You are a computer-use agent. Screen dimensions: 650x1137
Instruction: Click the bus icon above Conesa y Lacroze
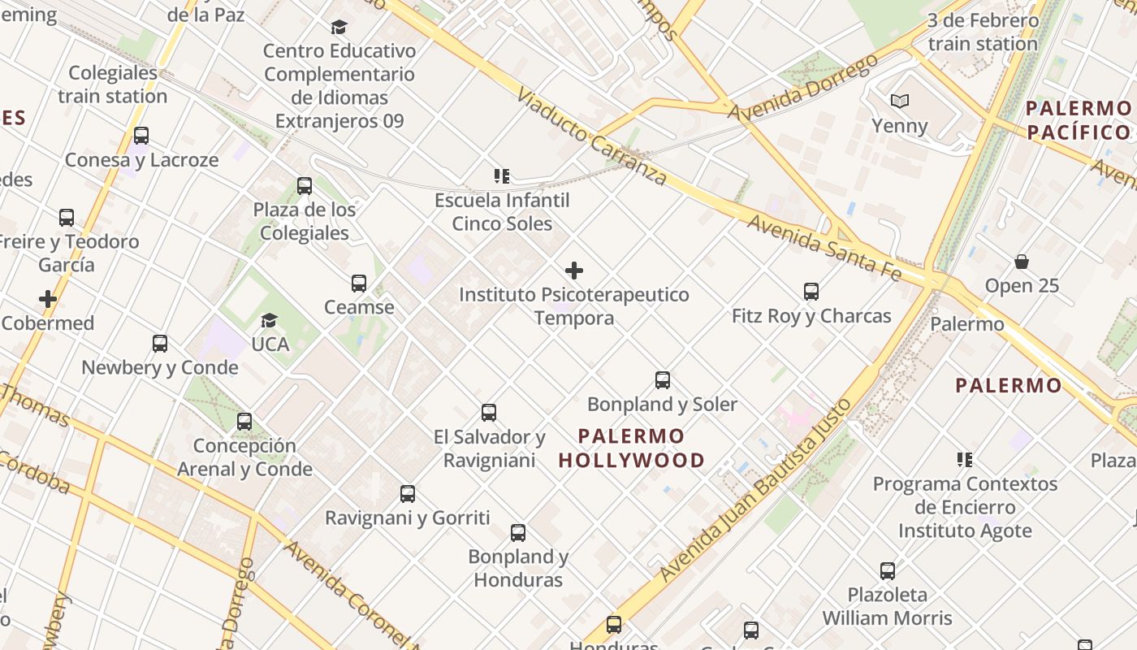point(141,136)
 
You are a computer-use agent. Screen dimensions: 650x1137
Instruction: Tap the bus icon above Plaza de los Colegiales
point(305,186)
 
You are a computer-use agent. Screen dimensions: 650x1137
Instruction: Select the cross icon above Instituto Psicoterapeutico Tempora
point(574,271)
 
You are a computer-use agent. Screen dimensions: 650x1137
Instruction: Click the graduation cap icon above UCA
point(270,321)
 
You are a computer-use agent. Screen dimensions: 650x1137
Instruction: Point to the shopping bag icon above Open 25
point(1022,262)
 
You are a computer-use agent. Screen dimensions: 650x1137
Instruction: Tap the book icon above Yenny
point(899,102)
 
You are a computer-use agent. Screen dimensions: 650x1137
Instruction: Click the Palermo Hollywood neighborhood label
point(632,448)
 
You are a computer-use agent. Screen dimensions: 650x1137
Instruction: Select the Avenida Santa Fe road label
point(824,248)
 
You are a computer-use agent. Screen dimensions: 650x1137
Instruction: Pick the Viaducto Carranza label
point(591,136)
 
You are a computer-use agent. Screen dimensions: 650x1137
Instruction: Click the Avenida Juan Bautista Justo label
point(756,489)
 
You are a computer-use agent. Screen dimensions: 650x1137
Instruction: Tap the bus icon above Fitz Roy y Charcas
point(811,292)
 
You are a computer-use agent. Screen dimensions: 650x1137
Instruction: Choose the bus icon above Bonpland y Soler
point(663,380)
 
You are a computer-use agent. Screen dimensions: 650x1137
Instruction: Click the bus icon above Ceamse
point(359,284)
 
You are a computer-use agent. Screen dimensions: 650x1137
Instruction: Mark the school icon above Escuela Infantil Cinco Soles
point(502,176)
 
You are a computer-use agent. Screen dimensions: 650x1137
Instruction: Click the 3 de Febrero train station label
point(983,32)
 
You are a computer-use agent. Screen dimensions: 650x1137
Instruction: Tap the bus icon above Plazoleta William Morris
point(888,571)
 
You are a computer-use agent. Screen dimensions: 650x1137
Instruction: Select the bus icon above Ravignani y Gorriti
point(408,494)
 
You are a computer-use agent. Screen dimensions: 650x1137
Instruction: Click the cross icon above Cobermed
point(48,299)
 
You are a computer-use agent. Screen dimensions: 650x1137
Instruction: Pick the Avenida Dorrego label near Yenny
point(802,88)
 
